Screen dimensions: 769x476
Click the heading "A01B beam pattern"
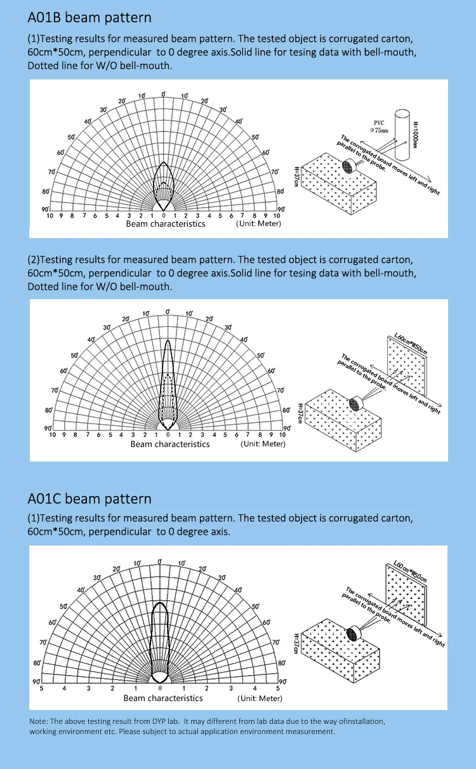click(89, 18)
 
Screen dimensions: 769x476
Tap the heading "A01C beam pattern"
click(89, 498)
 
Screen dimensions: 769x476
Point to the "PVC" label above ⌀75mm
click(380, 123)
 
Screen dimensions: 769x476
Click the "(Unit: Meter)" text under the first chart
click(258, 224)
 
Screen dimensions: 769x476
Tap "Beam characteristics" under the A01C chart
click(163, 698)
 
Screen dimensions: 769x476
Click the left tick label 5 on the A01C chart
click(42, 688)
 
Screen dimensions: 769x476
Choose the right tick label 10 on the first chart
click(277, 216)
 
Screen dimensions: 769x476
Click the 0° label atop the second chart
click(168, 312)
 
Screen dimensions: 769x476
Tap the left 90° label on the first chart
click(45, 210)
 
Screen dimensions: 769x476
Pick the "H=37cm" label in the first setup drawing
click(296, 176)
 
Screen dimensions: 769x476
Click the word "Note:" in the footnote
click(39, 721)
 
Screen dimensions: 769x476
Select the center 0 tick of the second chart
click(168, 435)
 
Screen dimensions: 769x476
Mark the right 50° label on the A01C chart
click(256, 606)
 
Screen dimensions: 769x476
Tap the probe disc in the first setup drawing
click(348, 166)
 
